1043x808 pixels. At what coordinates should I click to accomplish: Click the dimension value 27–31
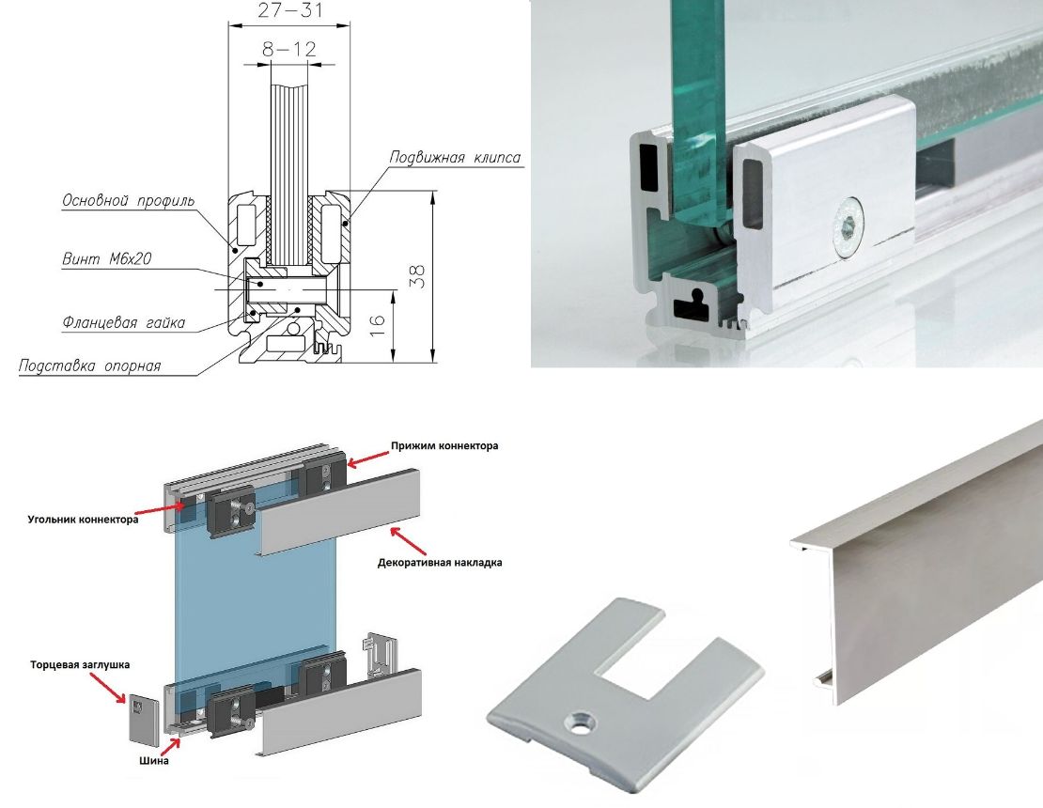tap(289, 10)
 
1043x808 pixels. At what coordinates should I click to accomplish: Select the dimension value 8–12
tap(288, 49)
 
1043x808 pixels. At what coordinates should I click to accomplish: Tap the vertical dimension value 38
tap(417, 276)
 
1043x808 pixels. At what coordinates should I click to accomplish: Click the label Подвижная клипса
tap(455, 158)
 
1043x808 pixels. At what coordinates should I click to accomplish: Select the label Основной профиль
tap(128, 200)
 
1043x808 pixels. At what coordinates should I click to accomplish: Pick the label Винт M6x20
tap(106, 258)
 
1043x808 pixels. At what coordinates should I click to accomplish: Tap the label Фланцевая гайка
tap(123, 323)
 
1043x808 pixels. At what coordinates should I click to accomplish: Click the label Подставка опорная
tap(89, 365)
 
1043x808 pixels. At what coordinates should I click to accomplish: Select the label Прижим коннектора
tap(444, 445)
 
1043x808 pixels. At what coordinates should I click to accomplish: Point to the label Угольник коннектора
tap(83, 520)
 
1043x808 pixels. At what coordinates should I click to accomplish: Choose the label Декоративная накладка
tap(440, 563)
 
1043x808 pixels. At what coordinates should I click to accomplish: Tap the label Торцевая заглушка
tap(80, 664)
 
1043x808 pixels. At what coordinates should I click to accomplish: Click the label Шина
tap(154, 761)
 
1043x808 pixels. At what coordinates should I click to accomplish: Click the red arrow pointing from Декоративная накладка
tap(408, 541)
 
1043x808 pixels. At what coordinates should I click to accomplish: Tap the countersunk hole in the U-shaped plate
tap(579, 722)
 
